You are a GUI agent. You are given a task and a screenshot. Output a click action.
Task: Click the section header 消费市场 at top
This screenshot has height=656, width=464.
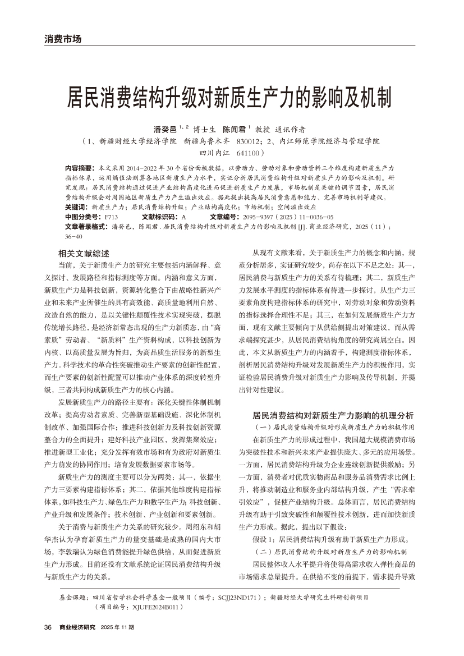point(63,39)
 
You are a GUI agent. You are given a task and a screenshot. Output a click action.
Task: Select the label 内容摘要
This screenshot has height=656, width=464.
point(80,168)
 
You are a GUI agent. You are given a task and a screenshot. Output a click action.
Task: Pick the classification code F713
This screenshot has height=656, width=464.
point(111,216)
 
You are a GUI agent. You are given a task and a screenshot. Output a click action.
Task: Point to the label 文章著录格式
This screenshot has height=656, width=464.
point(86,226)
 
